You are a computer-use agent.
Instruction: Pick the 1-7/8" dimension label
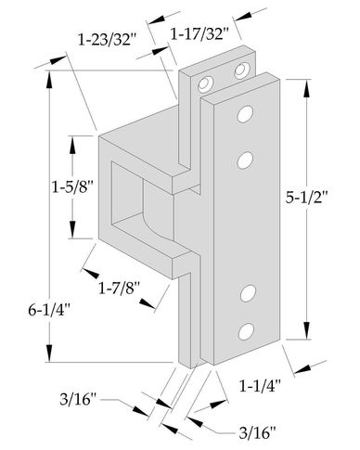coord(119,288)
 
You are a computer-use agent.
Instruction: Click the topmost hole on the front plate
coord(246,114)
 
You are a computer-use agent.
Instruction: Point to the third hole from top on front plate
coord(248,295)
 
